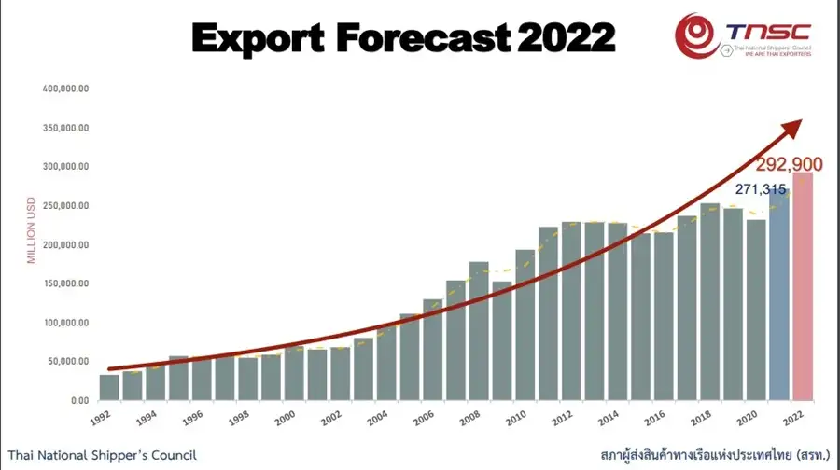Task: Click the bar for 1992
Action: [109, 387]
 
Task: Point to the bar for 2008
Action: [479, 331]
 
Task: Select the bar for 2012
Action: [571, 311]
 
